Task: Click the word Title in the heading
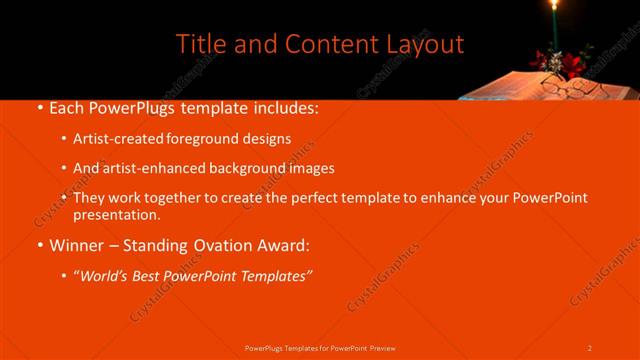(x=199, y=44)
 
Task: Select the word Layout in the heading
(x=420, y=44)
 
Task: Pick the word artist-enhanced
(x=151, y=169)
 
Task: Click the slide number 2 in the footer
(x=590, y=347)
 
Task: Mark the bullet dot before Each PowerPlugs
(x=38, y=107)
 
